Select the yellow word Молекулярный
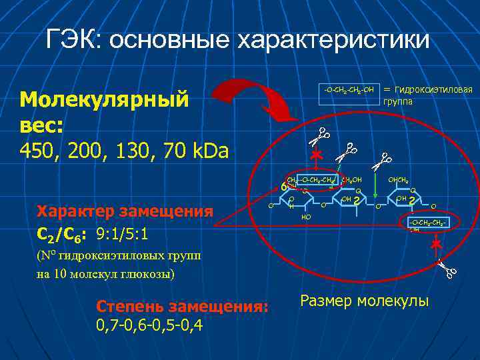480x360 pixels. pyautogui.click(x=105, y=99)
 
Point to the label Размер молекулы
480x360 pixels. pyautogui.click(x=365, y=301)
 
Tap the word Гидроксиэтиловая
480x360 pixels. pyautogui.click(x=433, y=89)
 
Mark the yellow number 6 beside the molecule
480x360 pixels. pyautogui.click(x=283, y=187)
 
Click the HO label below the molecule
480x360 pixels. pyautogui.click(x=306, y=217)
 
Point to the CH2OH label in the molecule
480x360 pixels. pyautogui.click(x=351, y=180)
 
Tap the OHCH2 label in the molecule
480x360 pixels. pyautogui.click(x=399, y=180)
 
